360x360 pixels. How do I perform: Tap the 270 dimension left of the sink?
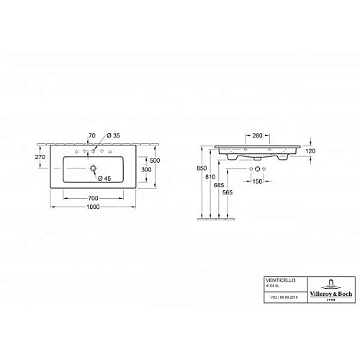[40, 157]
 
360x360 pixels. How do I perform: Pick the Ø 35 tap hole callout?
[113, 135]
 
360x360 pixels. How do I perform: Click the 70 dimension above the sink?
[91, 135]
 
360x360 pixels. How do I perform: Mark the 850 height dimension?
[202, 170]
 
